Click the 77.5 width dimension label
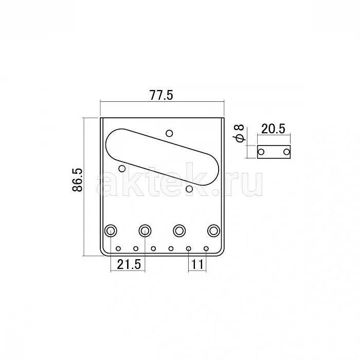tap(161, 95)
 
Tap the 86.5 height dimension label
tap(77, 180)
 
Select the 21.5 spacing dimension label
tap(129, 264)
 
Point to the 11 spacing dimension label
tap(197, 264)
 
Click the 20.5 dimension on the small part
tap(273, 129)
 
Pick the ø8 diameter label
tap(239, 133)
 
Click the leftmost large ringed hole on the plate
tap(111, 230)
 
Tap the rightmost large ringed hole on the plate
tap(213, 230)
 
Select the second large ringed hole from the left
tap(145, 230)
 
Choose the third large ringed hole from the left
tap(179, 230)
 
